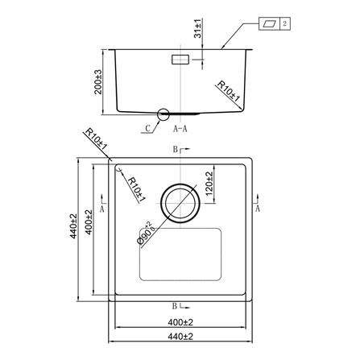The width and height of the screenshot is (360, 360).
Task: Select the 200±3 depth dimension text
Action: pos(98,82)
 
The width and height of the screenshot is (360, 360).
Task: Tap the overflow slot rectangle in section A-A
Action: pos(180,60)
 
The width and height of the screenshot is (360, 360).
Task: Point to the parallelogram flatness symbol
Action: pos(269,23)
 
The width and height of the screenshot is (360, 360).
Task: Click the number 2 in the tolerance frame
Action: pos(285,23)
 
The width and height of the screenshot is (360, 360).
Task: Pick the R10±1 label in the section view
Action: pos(228,92)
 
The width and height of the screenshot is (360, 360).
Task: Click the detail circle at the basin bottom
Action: pos(163,114)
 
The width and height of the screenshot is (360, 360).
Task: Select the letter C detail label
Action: pos(148,128)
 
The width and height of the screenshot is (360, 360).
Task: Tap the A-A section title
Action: pos(180,129)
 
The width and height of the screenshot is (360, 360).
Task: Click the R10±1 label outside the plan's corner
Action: pos(96,139)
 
